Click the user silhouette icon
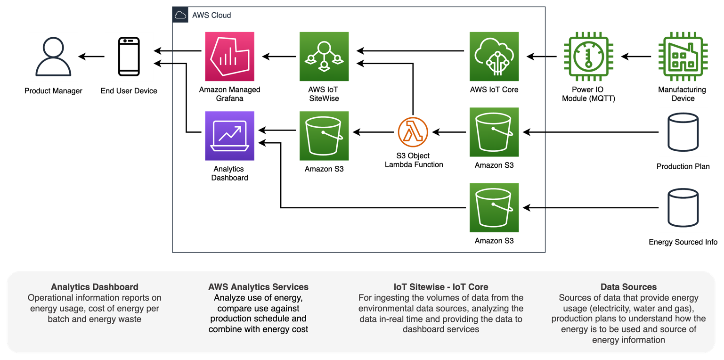tap(53, 57)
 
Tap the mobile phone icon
tap(129, 57)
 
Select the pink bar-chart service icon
tap(230, 57)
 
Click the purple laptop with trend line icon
tap(230, 136)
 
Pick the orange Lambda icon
tap(413, 132)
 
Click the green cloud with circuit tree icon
tap(494, 57)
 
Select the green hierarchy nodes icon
tap(324, 57)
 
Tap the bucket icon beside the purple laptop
tap(324, 136)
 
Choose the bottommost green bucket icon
tap(494, 208)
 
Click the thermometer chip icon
tap(588, 57)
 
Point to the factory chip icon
tap(683, 57)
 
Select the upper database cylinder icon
tap(683, 132)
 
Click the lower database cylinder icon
tap(683, 208)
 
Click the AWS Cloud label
tap(212, 15)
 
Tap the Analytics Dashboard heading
tap(95, 287)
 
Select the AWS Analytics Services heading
tap(258, 287)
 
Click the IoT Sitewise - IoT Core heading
tap(441, 287)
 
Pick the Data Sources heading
tap(628, 287)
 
